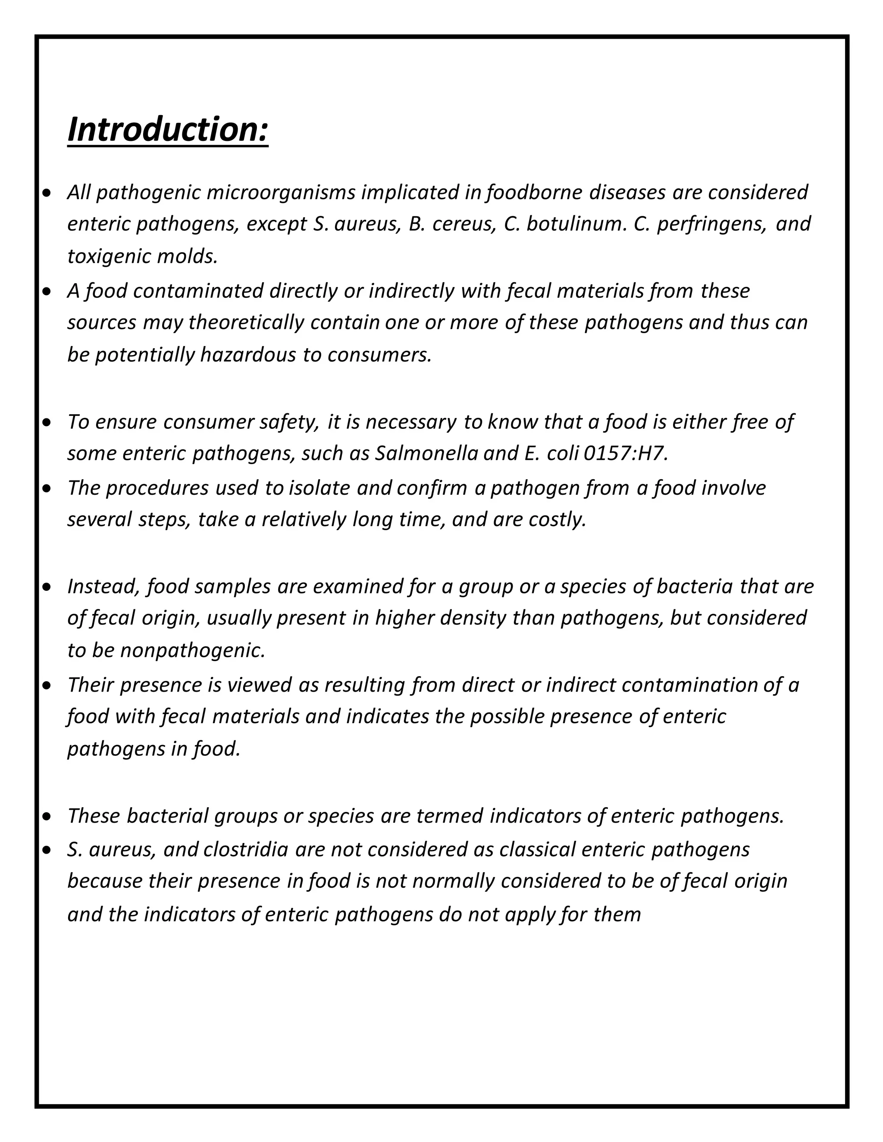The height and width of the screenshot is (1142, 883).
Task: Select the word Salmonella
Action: pyautogui.click(x=426, y=453)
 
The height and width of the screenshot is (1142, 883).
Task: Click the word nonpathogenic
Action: pyautogui.click(x=192, y=650)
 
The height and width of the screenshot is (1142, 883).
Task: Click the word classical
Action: pyautogui.click(x=537, y=849)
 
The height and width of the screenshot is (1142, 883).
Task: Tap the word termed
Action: pyautogui.click(x=450, y=816)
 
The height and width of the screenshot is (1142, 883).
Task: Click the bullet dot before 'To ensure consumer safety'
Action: pyautogui.click(x=47, y=421)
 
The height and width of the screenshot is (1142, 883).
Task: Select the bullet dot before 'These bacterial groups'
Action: pyautogui.click(x=47, y=816)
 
